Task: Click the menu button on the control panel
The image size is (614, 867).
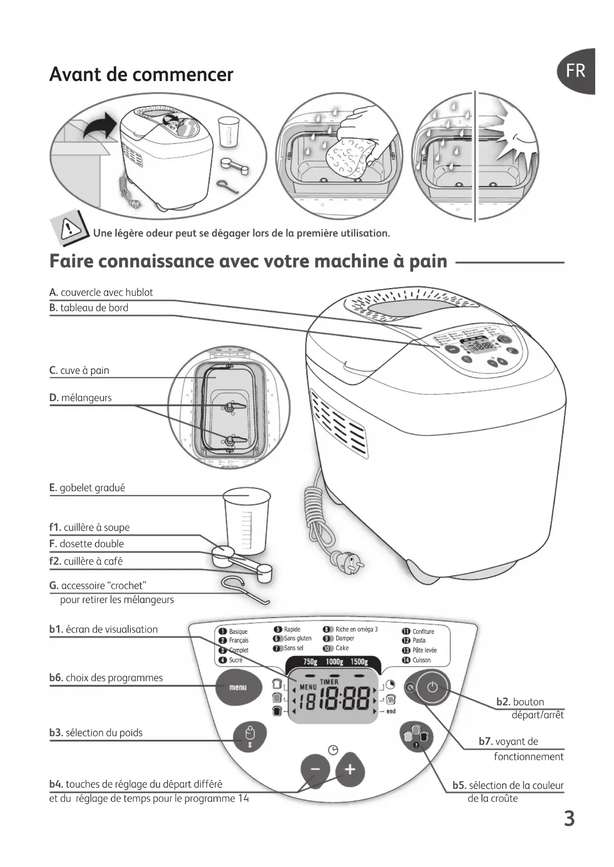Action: [237, 687]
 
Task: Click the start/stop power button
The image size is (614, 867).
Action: [432, 687]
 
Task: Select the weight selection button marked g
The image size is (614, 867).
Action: [250, 737]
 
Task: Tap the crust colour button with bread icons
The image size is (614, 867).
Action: [416, 737]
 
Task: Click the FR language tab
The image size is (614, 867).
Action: [576, 71]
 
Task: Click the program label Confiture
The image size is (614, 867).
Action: [423, 631]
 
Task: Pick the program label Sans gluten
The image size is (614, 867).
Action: [297, 639]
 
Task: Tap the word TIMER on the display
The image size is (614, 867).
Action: [330, 682]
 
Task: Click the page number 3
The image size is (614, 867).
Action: [569, 819]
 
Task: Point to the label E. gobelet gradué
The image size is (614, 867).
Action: [87, 488]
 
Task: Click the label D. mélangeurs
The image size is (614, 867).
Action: [81, 398]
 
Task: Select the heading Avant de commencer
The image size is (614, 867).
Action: [141, 75]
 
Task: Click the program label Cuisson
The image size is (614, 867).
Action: [421, 660]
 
